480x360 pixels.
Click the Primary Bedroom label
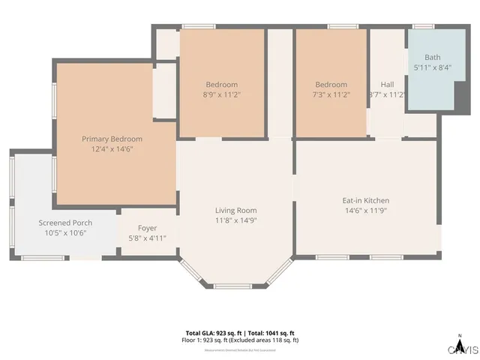coord(112,139)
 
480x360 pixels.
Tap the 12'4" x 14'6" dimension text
coord(112,149)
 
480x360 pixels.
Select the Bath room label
coord(433,57)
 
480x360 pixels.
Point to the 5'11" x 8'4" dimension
coord(433,67)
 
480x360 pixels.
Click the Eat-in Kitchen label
coord(365,200)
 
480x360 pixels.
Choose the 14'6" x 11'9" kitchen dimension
coord(365,211)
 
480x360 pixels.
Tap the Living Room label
coord(235,210)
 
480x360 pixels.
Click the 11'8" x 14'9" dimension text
coord(235,220)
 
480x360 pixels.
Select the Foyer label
coord(147,228)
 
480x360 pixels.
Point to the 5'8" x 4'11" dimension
coord(147,238)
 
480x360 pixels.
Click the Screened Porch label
coord(65,223)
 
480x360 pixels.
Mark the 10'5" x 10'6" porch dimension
coord(65,233)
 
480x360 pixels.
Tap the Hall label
coord(387,85)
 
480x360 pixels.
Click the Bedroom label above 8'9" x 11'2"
coord(222,85)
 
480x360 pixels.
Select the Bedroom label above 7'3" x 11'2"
coord(331,85)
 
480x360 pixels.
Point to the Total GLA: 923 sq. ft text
coord(213,333)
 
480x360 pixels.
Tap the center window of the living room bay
coord(235,286)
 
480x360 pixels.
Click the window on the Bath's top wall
coord(424,27)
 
